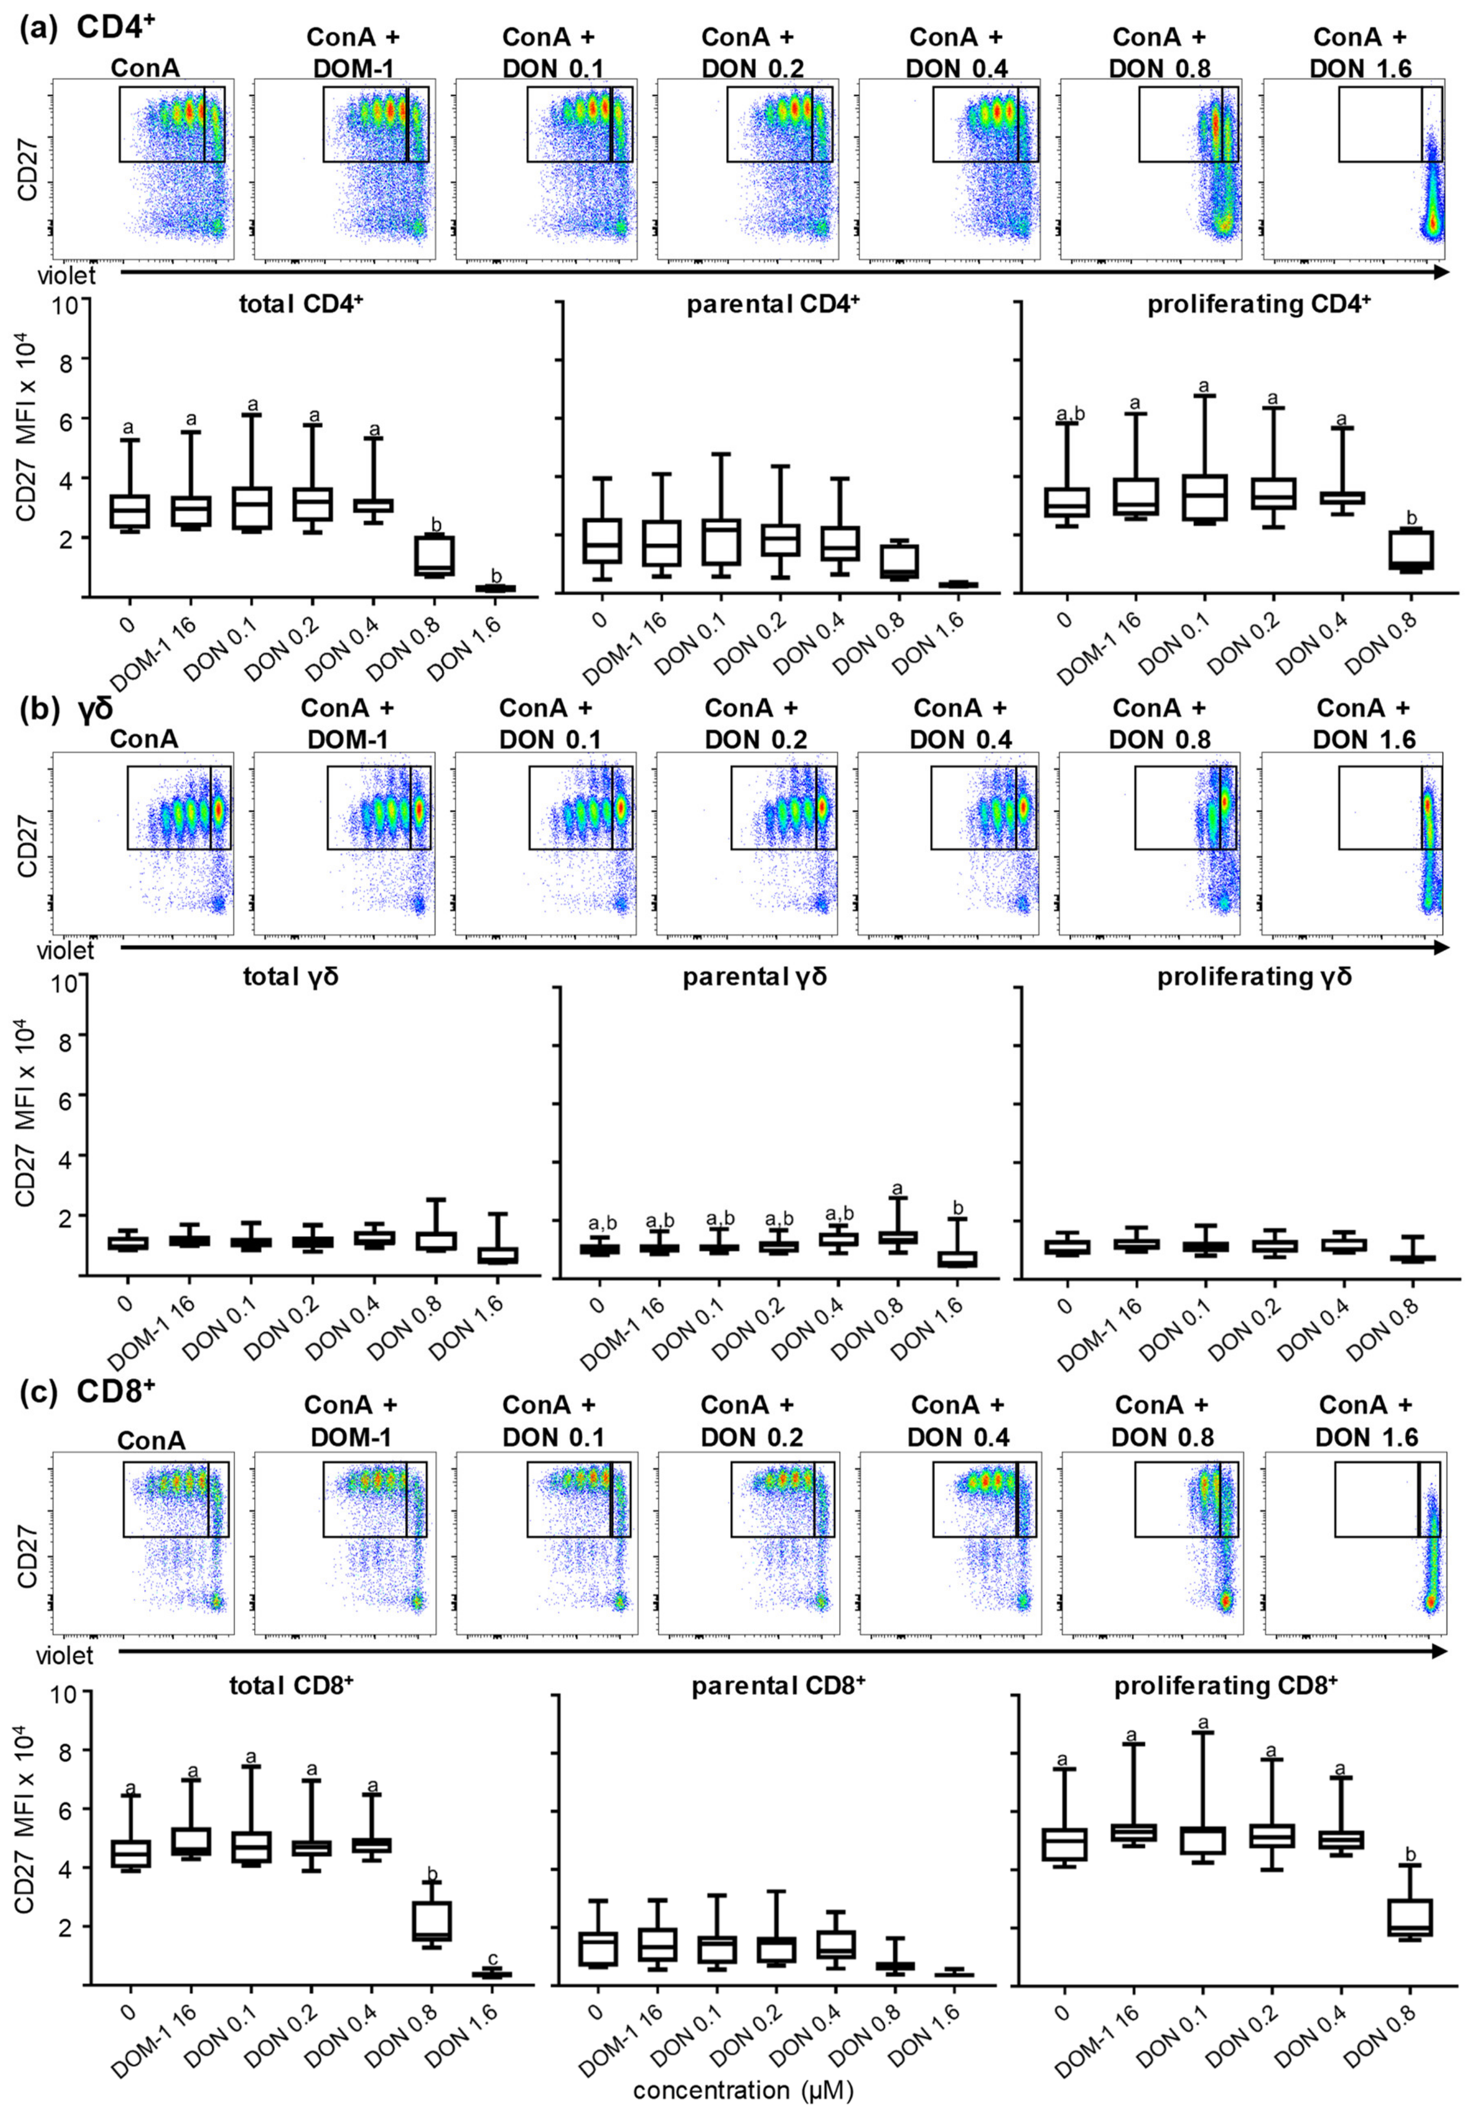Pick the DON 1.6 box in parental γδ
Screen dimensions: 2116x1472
[x=957, y=1259]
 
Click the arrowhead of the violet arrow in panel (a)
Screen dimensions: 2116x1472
[x=1440, y=272]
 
